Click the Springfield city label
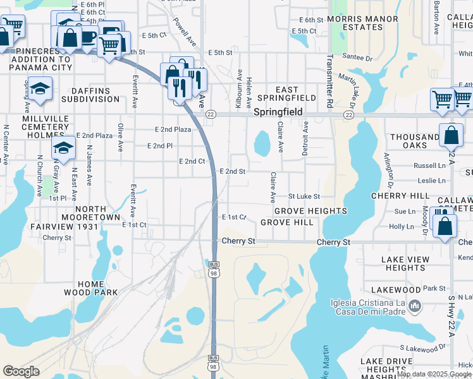[x=278, y=112]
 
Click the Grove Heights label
[x=310, y=210]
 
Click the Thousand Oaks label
[x=415, y=141]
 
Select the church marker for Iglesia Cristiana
[x=415, y=306]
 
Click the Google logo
[x=21, y=371]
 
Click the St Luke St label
[x=304, y=197]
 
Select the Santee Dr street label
[x=357, y=57]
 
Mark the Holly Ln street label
[x=401, y=226]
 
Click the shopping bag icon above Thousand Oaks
[x=450, y=135]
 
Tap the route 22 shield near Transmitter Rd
[x=348, y=115]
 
